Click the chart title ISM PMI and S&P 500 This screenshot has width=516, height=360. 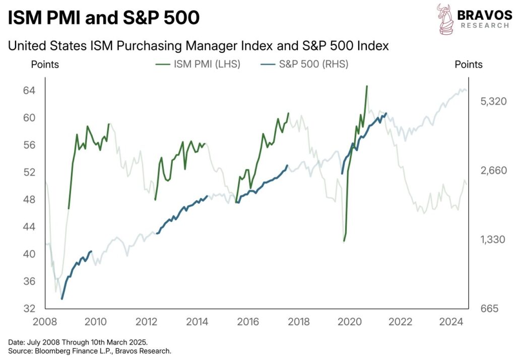(104, 18)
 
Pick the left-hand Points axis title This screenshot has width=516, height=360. (45, 65)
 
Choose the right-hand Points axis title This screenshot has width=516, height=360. (469, 65)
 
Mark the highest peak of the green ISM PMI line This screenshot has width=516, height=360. (367, 86)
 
